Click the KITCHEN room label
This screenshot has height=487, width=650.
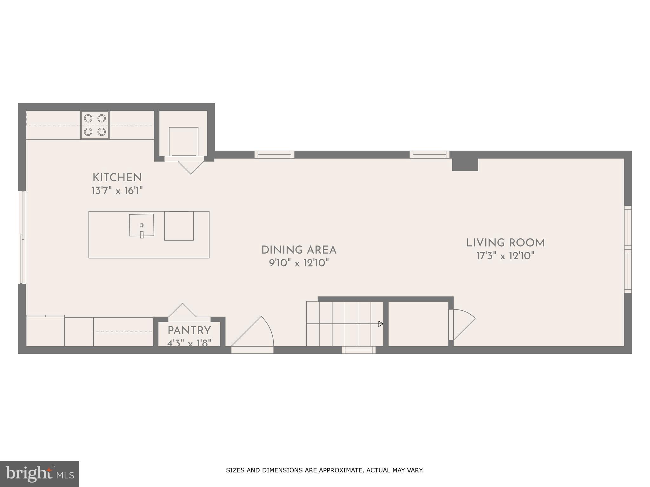coord(117,178)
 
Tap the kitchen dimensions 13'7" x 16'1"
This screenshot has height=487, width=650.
coord(117,191)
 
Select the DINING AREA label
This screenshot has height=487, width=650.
coord(299,250)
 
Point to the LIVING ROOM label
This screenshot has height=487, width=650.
coord(505,243)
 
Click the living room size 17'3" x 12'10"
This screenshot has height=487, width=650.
coord(505,256)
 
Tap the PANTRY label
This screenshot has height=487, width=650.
coord(189,331)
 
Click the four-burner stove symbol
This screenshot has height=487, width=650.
coord(95,125)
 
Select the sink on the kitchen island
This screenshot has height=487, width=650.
coord(142,225)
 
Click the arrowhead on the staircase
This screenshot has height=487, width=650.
coord(381,324)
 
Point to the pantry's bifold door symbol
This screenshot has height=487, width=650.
coord(182,310)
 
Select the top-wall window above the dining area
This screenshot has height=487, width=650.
coord(274,155)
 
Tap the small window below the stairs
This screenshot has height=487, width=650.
coord(359,350)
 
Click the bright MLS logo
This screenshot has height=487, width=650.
coord(39,474)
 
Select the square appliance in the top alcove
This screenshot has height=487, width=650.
coord(183,141)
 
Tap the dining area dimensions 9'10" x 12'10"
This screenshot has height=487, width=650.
coord(299,263)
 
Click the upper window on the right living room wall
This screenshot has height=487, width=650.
coord(628,226)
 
